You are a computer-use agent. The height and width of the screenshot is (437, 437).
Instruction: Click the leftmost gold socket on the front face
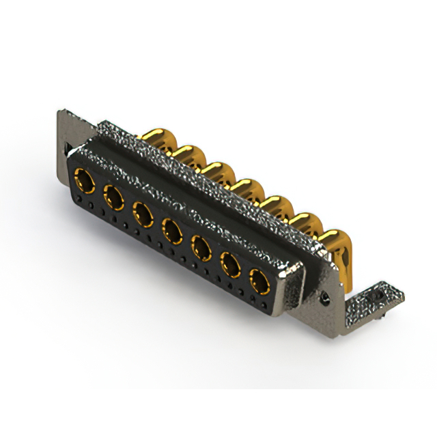(85, 182)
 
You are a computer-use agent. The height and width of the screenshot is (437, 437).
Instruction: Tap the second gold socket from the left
(113, 198)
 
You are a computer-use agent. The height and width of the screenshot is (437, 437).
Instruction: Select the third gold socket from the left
(143, 214)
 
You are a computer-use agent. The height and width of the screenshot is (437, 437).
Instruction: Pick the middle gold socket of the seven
(171, 229)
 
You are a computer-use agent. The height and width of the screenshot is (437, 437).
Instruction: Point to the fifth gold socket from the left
(201, 246)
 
